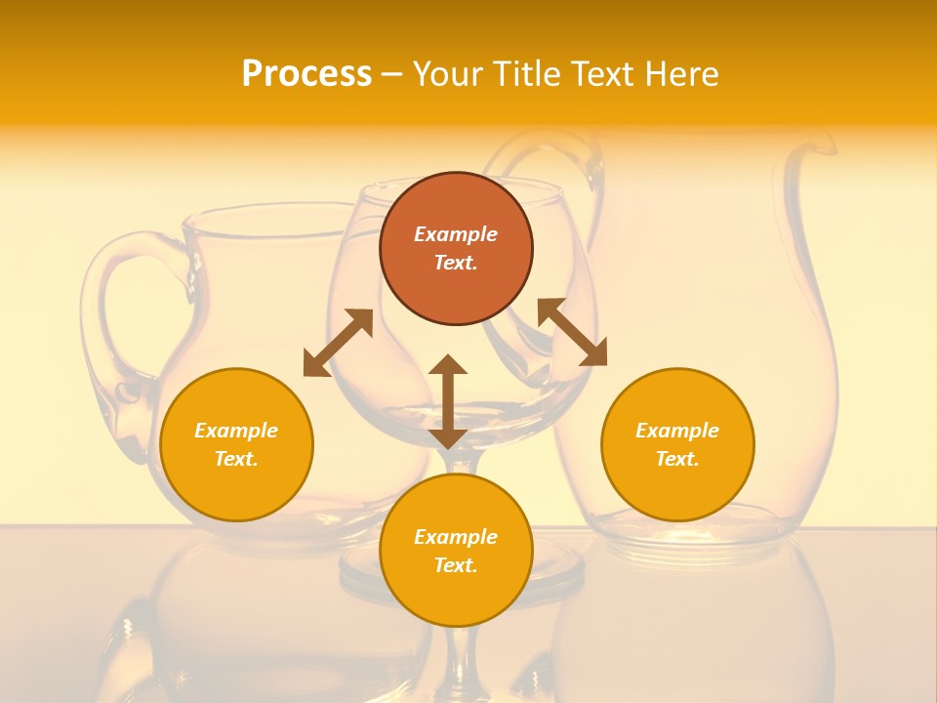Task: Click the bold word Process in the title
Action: tap(306, 74)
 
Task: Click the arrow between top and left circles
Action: tap(338, 343)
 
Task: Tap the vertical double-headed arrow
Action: tap(448, 401)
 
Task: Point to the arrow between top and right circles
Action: tap(572, 332)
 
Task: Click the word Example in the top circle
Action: tap(456, 234)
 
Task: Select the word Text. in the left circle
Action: tap(236, 459)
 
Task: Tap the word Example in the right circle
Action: tap(677, 431)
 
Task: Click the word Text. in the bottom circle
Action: tap(456, 565)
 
